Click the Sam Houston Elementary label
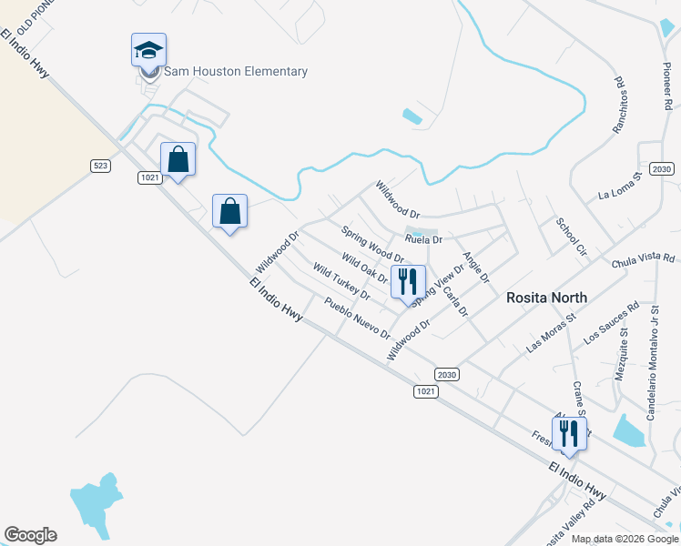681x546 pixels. [x=236, y=72]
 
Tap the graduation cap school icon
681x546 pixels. [x=148, y=51]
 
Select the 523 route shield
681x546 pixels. [x=101, y=165]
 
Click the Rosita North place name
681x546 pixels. [x=546, y=298]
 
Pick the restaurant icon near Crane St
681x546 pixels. [x=569, y=435]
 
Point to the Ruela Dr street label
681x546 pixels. [x=423, y=240]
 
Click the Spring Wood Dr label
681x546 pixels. [x=372, y=245]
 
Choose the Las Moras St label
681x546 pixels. [x=552, y=334]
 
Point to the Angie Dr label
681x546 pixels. [x=476, y=266]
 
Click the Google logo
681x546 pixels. [x=30, y=535]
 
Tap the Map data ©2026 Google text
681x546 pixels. [x=624, y=539]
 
